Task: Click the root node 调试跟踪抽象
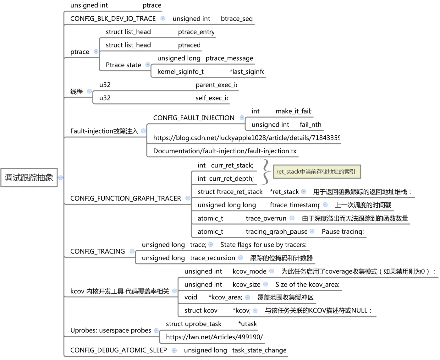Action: [29, 177]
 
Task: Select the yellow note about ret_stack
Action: [316, 172]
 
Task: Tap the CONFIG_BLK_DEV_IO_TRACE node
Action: [113, 19]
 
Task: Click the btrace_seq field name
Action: [237, 19]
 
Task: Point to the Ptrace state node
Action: [123, 65]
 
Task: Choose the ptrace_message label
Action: [229, 58]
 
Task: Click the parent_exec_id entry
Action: [216, 85]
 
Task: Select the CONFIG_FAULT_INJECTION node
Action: [194, 118]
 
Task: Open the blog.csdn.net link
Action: [246, 138]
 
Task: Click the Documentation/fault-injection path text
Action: [225, 151]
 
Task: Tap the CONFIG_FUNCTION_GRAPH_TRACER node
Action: [126, 198]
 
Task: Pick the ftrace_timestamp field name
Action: [295, 205]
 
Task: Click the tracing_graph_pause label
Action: [277, 232]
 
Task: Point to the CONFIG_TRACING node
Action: [97, 251]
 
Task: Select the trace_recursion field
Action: [212, 258]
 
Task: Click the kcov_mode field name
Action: [250, 271]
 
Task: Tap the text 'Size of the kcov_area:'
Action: [307, 285]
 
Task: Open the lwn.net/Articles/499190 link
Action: [214, 337]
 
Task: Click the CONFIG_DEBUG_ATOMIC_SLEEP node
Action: [118, 350]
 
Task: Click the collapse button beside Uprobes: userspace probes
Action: [156, 330]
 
